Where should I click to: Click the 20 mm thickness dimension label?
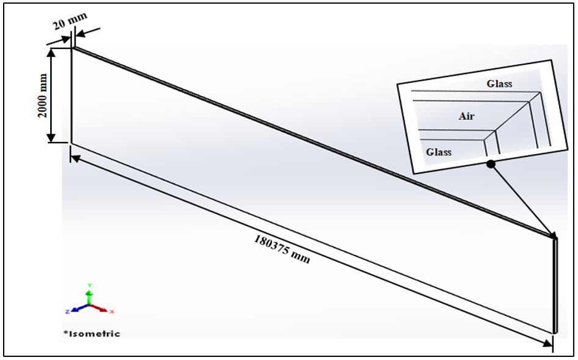click(x=70, y=21)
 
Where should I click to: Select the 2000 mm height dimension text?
click(x=43, y=95)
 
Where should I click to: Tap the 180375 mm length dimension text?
click(x=282, y=249)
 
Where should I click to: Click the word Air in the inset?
click(x=466, y=116)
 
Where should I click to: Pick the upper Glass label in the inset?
click(x=499, y=84)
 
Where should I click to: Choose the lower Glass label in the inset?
click(x=439, y=152)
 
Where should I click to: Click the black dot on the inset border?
click(x=491, y=164)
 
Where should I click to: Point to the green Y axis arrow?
click(x=89, y=297)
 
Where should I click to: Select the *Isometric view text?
click(x=92, y=334)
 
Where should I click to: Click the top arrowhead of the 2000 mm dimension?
click(x=51, y=52)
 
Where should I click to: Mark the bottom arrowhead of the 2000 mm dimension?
click(x=51, y=138)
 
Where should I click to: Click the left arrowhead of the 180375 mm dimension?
click(x=75, y=158)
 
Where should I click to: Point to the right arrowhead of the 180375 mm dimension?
click(x=547, y=343)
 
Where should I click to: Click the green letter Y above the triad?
click(x=89, y=285)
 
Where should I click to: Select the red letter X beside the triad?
click(x=112, y=312)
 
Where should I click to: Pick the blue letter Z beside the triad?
click(x=67, y=312)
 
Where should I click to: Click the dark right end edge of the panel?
click(x=555, y=285)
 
